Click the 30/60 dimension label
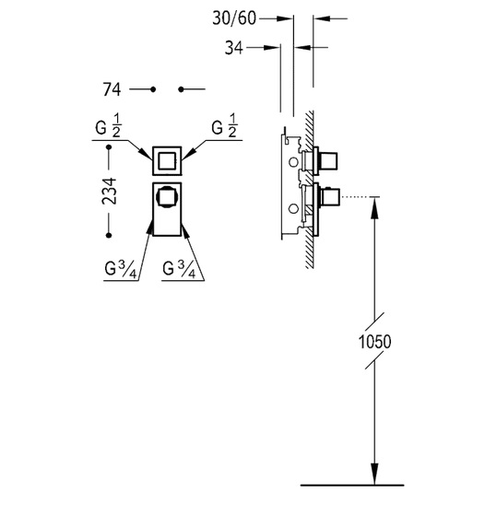234,18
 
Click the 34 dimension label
233,48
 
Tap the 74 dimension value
112,89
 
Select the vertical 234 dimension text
110,192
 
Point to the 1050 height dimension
374,342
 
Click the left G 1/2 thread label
108,126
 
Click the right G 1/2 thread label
224,126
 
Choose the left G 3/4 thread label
121,269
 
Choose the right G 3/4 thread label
179,269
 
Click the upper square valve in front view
167,161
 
